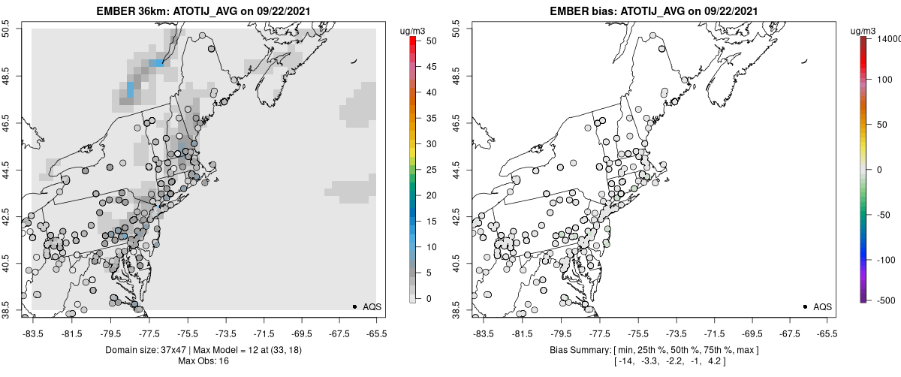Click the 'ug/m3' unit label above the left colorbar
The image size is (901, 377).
[414, 30]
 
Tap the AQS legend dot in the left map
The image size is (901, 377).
[354, 306]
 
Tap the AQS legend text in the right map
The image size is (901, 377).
[822, 306]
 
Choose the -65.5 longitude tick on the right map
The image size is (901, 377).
[827, 333]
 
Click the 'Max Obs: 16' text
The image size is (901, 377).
[203, 361]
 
